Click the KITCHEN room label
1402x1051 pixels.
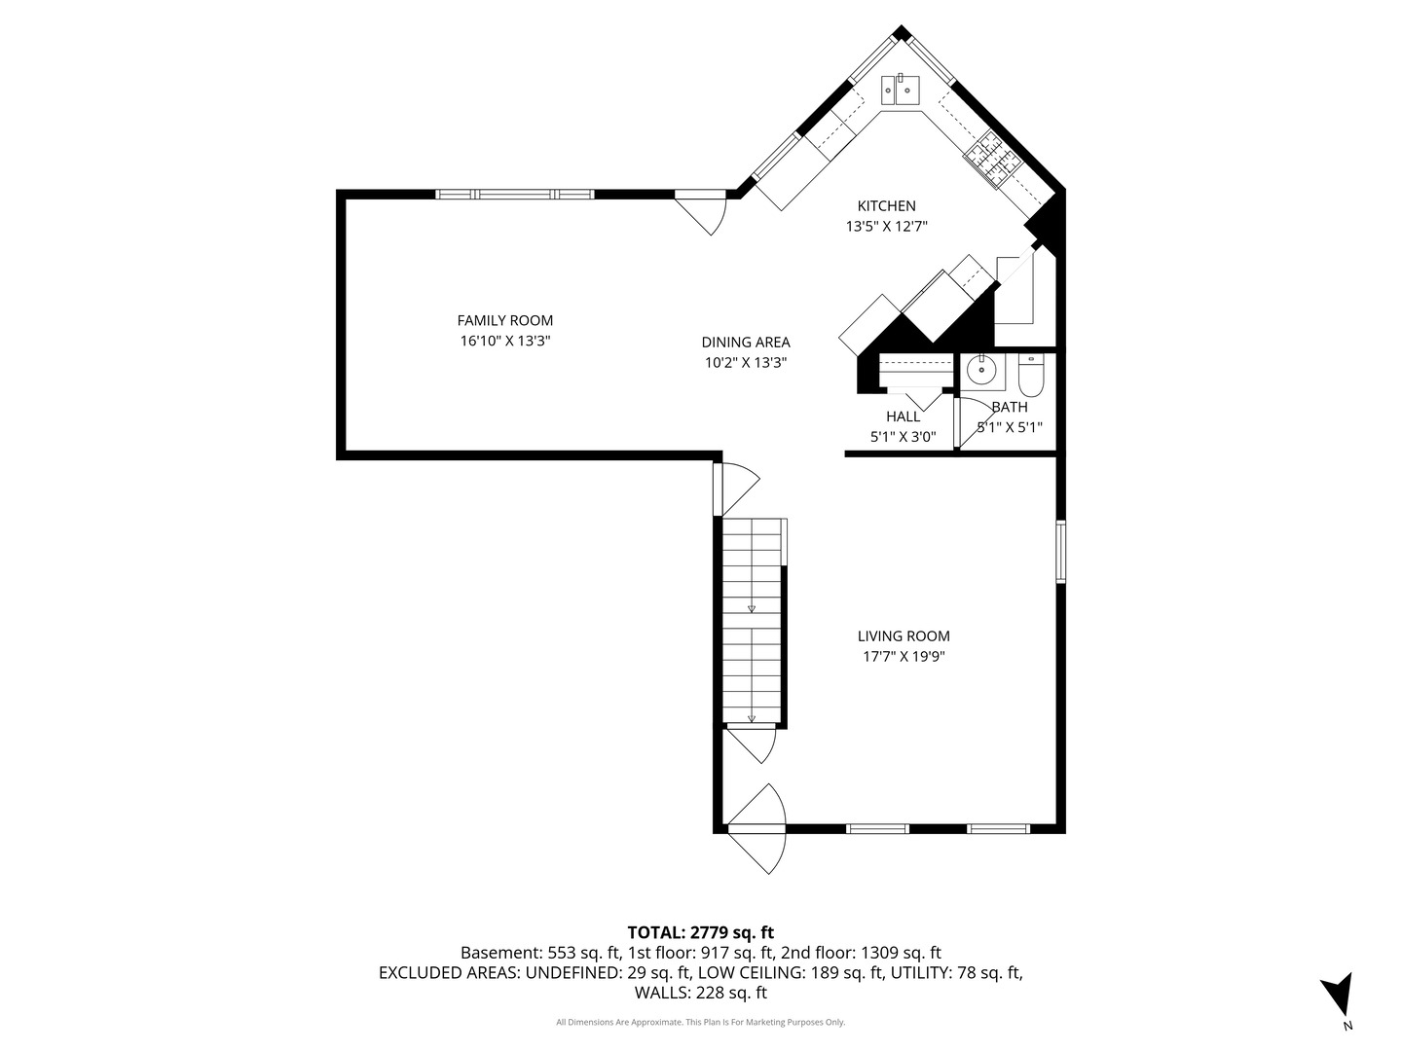886,206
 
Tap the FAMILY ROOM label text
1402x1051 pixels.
504,320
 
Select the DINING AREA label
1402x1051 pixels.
746,342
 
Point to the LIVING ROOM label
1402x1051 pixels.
904,635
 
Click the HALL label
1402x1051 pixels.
903,417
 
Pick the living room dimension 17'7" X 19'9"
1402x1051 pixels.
904,656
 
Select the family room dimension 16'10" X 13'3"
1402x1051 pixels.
504,341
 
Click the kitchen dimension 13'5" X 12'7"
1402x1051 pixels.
886,227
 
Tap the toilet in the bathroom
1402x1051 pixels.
1030,376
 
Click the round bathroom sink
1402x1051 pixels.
981,369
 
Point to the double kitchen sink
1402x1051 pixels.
900,90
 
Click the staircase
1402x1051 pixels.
752,621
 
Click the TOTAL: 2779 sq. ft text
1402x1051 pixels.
701,933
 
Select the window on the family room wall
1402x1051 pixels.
515,194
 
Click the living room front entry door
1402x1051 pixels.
756,828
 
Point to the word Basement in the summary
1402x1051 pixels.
501,953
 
